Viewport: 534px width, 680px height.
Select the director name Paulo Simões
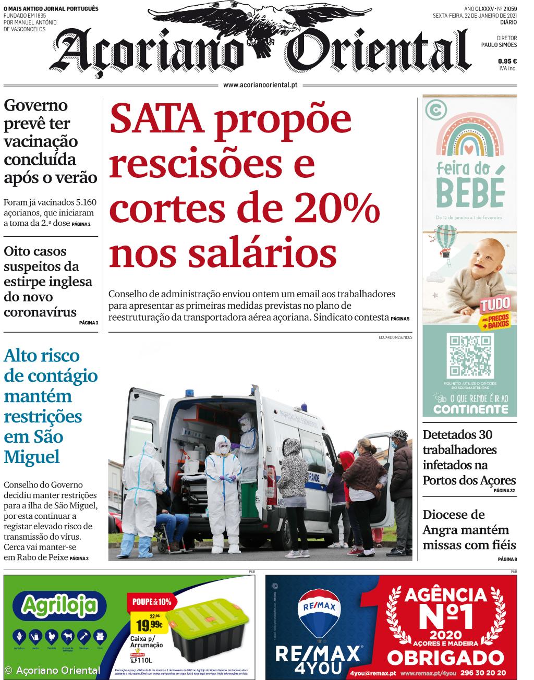[499, 45]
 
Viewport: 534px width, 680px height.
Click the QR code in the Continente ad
[470, 356]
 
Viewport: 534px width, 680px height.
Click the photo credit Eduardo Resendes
[395, 337]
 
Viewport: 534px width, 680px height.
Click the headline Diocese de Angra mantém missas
[469, 530]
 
